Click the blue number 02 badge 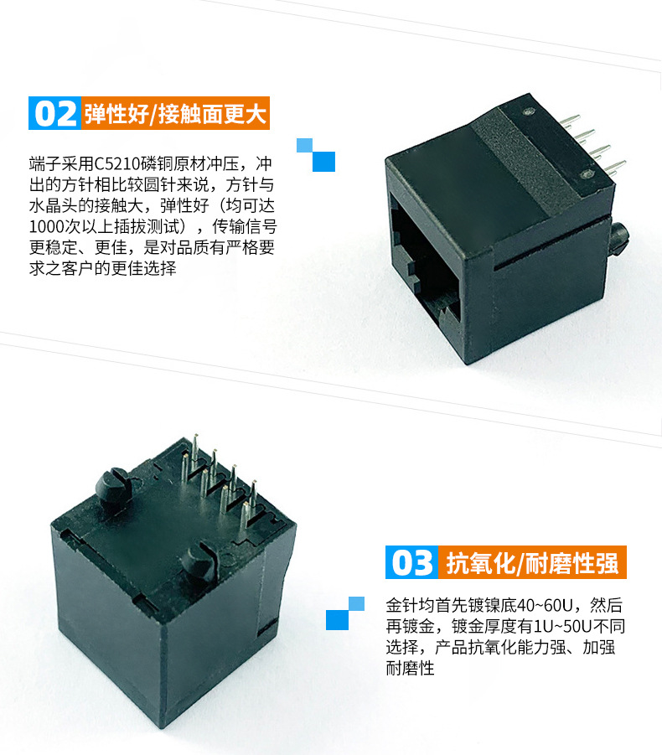coord(54,113)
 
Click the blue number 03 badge coord(411,562)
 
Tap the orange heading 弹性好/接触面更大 coord(175,113)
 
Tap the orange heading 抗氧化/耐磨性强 coord(532,562)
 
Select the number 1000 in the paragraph coord(47,226)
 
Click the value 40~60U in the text coord(544,605)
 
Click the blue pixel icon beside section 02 coord(316,155)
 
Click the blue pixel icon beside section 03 coord(345,613)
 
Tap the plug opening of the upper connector coord(424,262)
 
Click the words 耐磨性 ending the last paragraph coord(411,668)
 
